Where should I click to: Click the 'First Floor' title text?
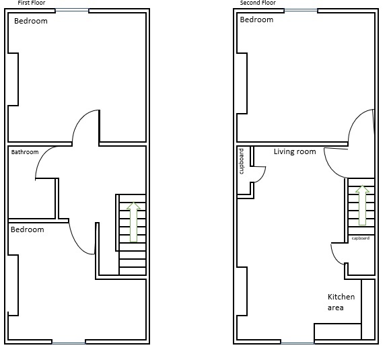pos(31,3)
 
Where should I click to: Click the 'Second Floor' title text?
pos(258,3)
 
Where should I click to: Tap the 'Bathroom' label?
pos(25,152)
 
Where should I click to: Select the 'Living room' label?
pos(295,152)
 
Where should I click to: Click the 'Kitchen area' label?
pos(341,302)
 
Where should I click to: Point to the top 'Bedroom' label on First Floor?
pos(31,21)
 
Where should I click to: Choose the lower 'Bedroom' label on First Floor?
pos(27,229)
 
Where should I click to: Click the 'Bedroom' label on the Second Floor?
pos(256,20)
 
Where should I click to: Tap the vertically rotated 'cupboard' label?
pos(242,161)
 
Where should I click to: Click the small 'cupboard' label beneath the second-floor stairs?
pos(360,238)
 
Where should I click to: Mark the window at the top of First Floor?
pos(71,10)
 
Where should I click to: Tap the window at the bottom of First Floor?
pos(69,343)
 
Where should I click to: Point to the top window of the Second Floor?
pos(300,10)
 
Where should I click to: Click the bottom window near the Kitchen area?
pos(297,343)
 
